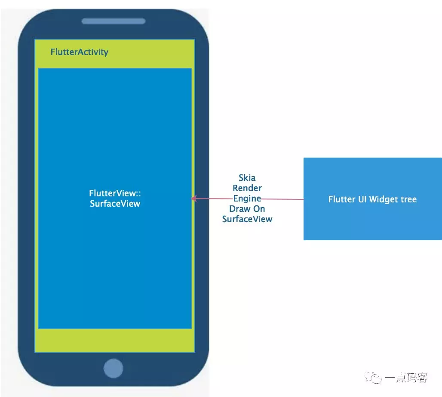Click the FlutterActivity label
click(x=80, y=53)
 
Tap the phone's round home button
click(x=114, y=369)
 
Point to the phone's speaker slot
click(x=114, y=21)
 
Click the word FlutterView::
click(x=115, y=193)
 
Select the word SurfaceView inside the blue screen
click(x=115, y=204)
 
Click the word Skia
click(x=247, y=178)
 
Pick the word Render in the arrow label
click(x=247, y=188)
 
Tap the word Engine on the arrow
click(x=247, y=198)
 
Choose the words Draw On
click(x=247, y=209)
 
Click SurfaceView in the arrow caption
click(x=247, y=219)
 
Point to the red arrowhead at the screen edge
click(x=194, y=198)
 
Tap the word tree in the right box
click(x=409, y=199)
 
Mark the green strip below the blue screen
click(x=115, y=341)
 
